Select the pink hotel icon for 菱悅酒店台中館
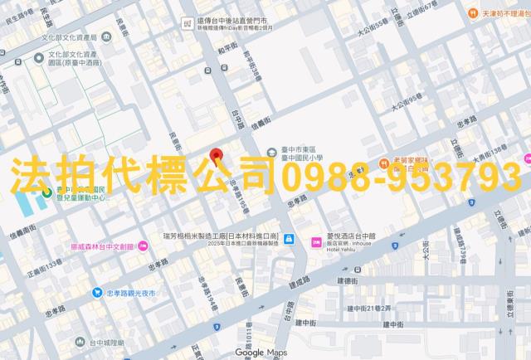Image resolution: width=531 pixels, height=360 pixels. (x=316, y=241)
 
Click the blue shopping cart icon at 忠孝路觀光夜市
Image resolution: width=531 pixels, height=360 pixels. (x=97, y=292)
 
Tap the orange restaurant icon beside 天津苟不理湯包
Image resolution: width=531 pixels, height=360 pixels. (x=472, y=13)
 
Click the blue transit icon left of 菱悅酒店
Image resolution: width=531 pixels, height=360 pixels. (x=289, y=241)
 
